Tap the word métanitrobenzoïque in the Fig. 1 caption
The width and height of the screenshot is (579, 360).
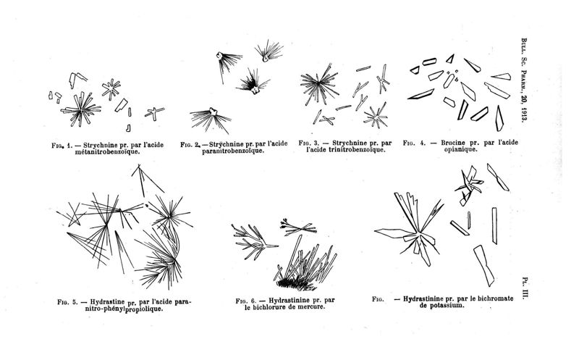coord(107,152)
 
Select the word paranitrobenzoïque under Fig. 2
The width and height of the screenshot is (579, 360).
coord(233,151)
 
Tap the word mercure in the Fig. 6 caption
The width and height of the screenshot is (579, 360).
coord(311,307)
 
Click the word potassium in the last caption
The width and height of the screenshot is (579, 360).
coord(446,306)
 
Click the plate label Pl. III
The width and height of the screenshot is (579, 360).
coord(524,289)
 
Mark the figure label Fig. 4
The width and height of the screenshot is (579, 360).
coord(415,143)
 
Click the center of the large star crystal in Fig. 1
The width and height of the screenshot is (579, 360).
coord(80,110)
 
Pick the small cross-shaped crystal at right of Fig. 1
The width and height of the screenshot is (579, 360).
coord(154,113)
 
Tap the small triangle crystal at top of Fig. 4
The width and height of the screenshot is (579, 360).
coord(450,59)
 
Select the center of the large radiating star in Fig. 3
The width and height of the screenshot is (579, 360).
coord(318,85)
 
